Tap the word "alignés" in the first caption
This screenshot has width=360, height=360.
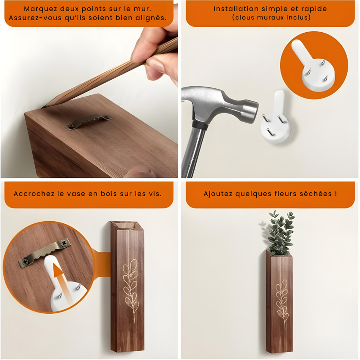click(x=148, y=19)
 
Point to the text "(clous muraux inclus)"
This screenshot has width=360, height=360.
click(x=271, y=18)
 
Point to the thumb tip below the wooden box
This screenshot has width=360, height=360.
click(x=140, y=172)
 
